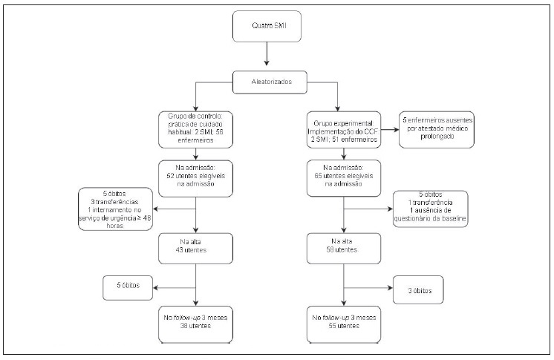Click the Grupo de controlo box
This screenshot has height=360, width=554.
click(x=195, y=127)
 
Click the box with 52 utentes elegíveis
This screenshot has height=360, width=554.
click(x=195, y=178)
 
